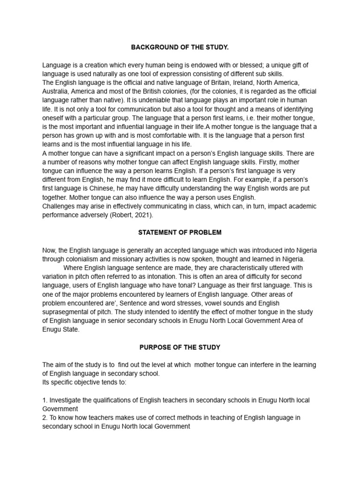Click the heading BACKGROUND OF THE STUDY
[180, 47]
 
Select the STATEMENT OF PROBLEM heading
[180, 232]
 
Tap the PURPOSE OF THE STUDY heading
[180, 347]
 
